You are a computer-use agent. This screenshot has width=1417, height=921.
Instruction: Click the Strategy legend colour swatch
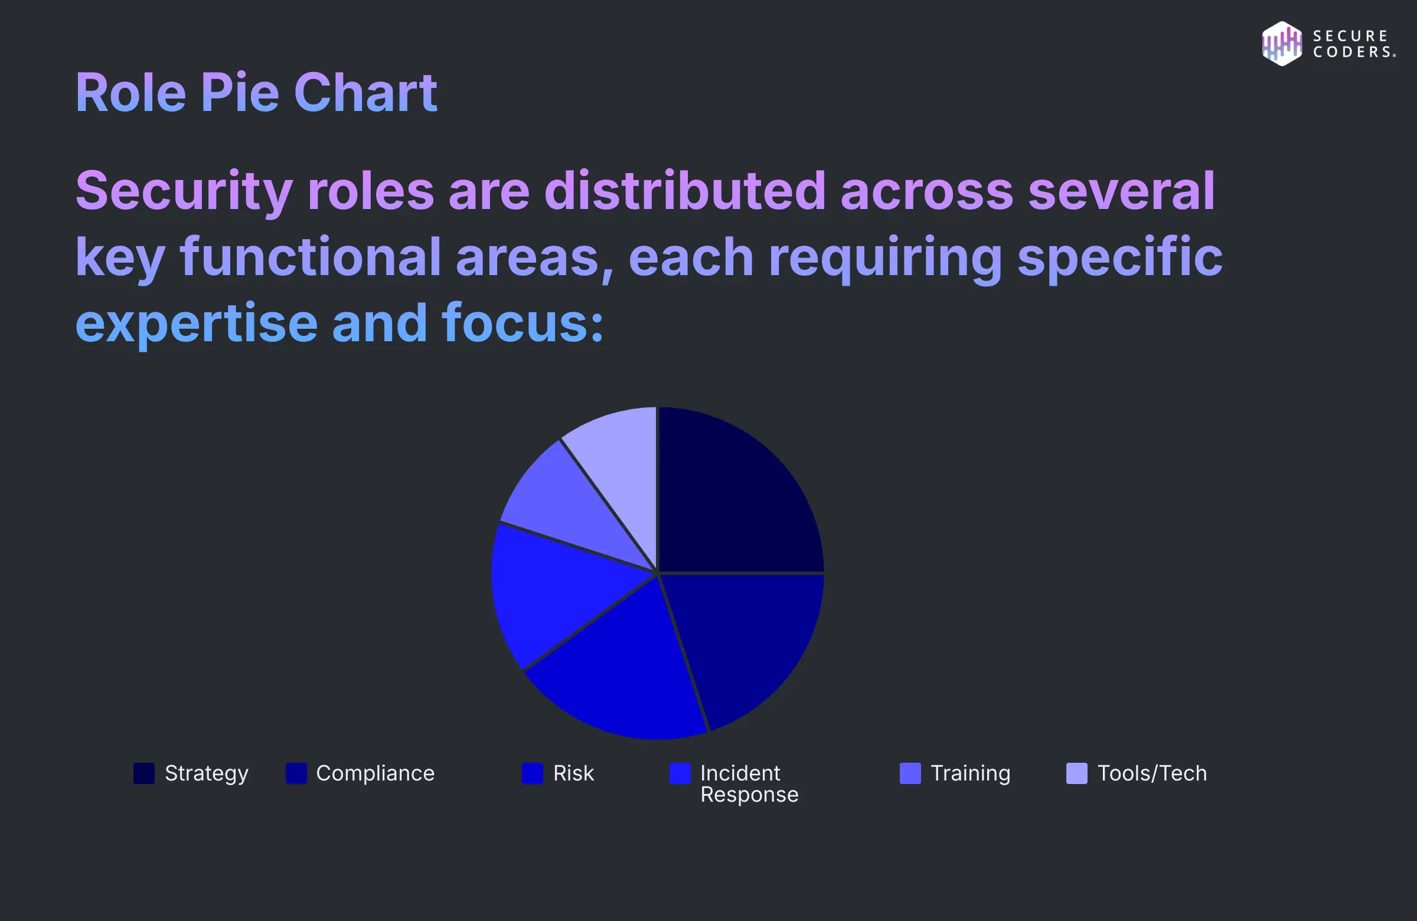(x=143, y=773)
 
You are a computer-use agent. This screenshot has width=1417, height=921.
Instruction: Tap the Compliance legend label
(x=375, y=773)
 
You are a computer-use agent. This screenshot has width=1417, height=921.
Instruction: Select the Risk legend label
(x=573, y=773)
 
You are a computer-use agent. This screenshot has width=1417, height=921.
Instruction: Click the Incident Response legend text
(x=749, y=783)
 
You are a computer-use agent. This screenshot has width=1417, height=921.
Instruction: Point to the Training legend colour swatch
(x=910, y=773)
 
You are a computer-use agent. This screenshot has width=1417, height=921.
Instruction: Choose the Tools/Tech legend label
(x=1151, y=773)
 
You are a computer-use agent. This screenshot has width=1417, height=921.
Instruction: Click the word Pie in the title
(x=240, y=93)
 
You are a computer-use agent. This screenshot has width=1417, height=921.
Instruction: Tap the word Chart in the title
(x=365, y=93)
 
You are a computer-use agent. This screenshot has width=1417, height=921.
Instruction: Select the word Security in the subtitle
(x=184, y=192)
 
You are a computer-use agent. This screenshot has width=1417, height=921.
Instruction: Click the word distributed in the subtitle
(x=685, y=192)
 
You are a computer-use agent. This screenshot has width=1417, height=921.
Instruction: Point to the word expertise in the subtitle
(x=197, y=325)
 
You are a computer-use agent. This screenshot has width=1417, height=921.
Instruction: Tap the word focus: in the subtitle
(x=522, y=325)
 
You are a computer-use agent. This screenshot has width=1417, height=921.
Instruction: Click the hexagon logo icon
(x=1281, y=44)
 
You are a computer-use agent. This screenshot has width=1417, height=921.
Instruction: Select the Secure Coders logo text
(x=1353, y=44)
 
